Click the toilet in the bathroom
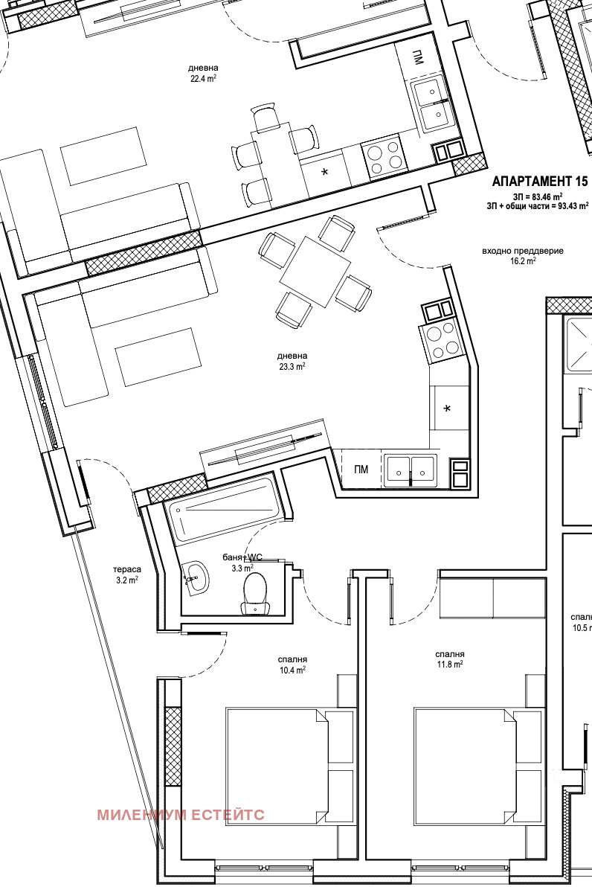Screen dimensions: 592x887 coord(256,593)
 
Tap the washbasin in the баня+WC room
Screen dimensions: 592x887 coord(196,578)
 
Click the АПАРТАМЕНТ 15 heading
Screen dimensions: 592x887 coord(540,181)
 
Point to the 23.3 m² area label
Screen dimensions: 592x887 coord(292,366)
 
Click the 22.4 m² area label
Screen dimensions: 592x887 coord(204,79)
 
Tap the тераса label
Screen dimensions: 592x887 coord(127,569)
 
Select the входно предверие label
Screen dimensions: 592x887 coord(522,251)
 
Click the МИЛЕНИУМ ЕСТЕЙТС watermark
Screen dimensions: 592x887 coord(181,815)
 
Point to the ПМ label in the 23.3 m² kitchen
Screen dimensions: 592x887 coord(361,469)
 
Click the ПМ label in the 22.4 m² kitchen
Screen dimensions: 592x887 coord(417,58)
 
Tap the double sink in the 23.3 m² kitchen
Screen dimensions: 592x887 coord(411,470)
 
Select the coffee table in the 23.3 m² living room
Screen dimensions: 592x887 coord(158,357)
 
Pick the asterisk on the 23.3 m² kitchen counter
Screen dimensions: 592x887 coord(447,409)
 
